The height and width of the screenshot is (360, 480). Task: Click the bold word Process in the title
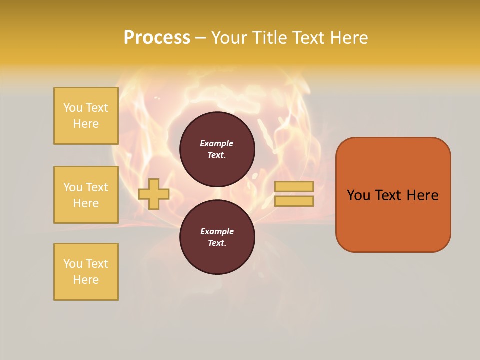(x=157, y=38)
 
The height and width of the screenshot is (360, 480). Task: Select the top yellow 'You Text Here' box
(x=86, y=116)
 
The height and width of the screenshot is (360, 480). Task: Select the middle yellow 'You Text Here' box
(x=86, y=195)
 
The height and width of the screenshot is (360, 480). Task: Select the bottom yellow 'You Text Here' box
(x=86, y=272)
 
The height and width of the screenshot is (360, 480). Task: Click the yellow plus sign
(x=154, y=194)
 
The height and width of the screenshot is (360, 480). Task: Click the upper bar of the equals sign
(x=294, y=186)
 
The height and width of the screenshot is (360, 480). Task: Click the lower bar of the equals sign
(x=294, y=201)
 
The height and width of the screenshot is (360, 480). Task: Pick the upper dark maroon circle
(x=217, y=149)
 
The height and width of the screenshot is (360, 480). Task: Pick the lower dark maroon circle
(x=217, y=237)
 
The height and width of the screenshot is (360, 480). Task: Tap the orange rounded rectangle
(x=393, y=220)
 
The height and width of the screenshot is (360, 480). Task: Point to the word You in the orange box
(x=358, y=195)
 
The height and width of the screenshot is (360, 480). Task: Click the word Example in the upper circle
(x=217, y=143)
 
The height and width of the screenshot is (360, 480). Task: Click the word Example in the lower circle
(x=217, y=231)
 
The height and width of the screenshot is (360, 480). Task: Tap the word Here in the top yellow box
(x=86, y=124)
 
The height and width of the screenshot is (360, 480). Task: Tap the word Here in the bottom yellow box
(x=86, y=280)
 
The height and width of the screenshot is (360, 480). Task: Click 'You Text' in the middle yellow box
(x=86, y=187)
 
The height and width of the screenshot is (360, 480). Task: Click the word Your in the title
(x=230, y=38)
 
